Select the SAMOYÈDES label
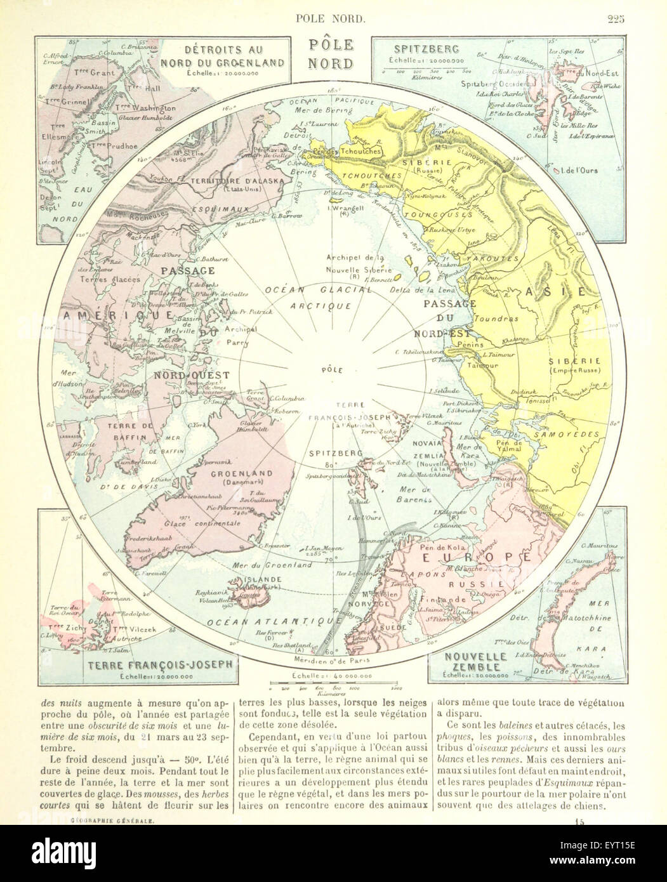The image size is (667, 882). (x=567, y=434)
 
